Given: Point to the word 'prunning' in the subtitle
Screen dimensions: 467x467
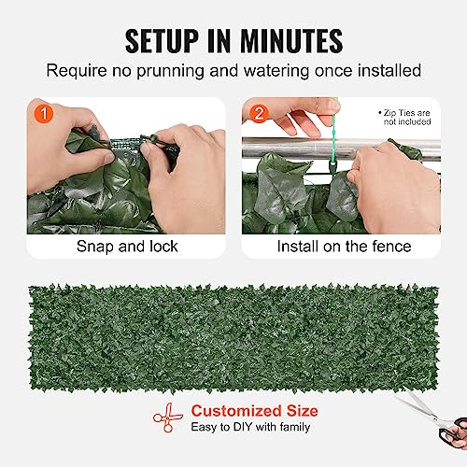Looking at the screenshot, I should (x=199, y=71).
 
